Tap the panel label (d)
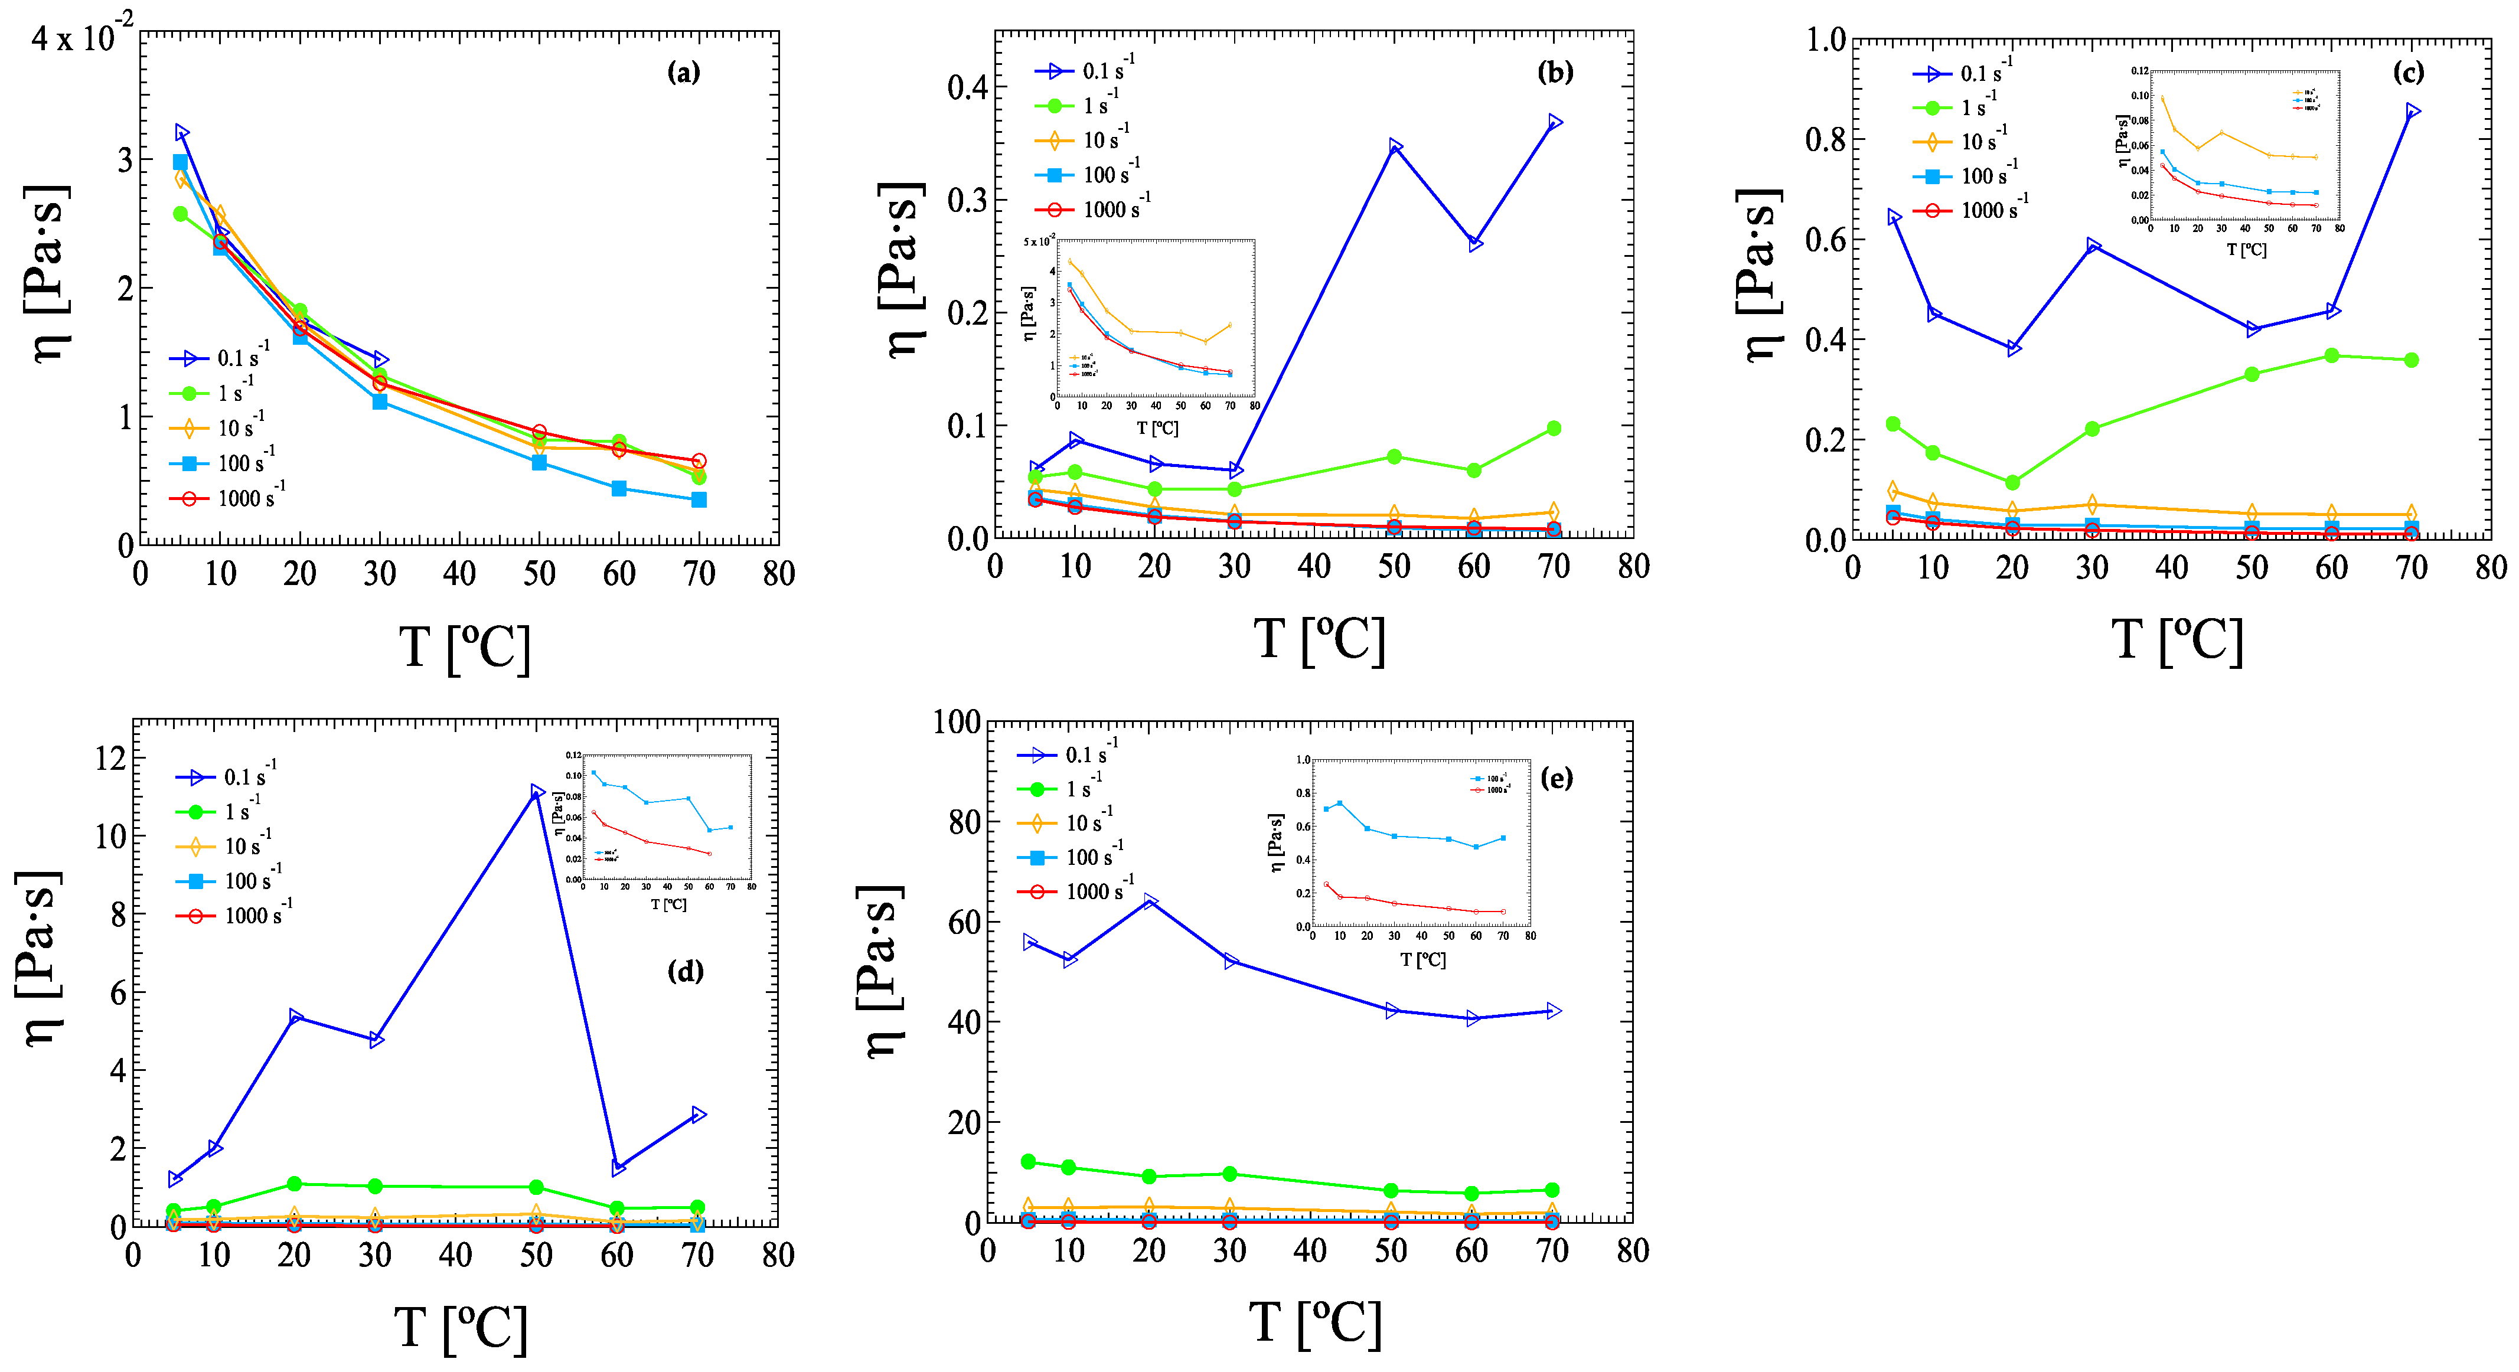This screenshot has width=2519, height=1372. click(684, 971)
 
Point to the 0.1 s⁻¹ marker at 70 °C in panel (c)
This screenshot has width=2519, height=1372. click(2412, 112)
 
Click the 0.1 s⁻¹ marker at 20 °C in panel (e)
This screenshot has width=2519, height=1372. click(1150, 901)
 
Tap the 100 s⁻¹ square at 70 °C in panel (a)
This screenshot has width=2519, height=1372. click(698, 499)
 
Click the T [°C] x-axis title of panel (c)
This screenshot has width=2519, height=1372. click(2176, 642)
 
